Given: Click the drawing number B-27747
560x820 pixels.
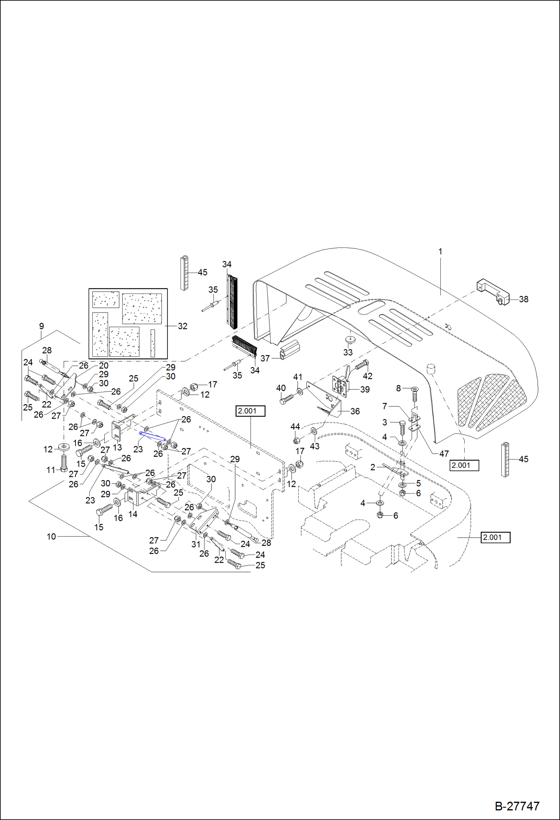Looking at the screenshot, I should pyautogui.click(x=517, y=806).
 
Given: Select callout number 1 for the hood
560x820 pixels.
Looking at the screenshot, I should pyautogui.click(x=440, y=252).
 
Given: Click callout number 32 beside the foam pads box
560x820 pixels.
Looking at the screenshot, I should pyautogui.click(x=182, y=326).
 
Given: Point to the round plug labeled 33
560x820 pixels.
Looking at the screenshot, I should pyautogui.click(x=350, y=339).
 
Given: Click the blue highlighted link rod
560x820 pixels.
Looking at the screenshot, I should pyautogui.click(x=152, y=436).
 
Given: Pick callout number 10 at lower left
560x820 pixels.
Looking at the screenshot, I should pyautogui.click(x=51, y=537).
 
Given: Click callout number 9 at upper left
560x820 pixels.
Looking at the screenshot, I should pyautogui.click(x=41, y=326).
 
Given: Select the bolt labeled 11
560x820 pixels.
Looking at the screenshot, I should pyautogui.click(x=64, y=464).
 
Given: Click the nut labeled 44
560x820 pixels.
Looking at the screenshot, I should pyautogui.click(x=296, y=440).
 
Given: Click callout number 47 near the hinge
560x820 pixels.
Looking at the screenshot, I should pyautogui.click(x=444, y=454).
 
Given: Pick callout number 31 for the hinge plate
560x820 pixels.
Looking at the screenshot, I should pyautogui.click(x=196, y=544).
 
